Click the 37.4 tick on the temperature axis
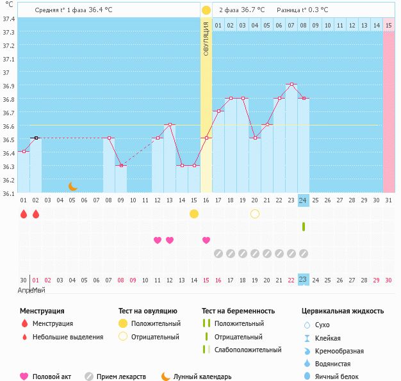click(8, 19)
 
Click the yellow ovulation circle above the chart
click(206, 10)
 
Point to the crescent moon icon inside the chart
click(73, 186)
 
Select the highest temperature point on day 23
click(291, 85)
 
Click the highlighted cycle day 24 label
click(304, 200)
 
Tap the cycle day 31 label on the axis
click(389, 200)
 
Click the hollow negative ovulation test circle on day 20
click(255, 214)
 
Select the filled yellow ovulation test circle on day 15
click(194, 214)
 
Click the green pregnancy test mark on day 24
click(304, 227)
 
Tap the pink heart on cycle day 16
click(206, 240)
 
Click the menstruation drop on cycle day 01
click(24, 214)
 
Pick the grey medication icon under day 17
click(218, 254)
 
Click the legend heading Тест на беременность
click(238, 311)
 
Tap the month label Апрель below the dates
click(25, 290)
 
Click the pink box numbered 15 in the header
click(389, 25)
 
